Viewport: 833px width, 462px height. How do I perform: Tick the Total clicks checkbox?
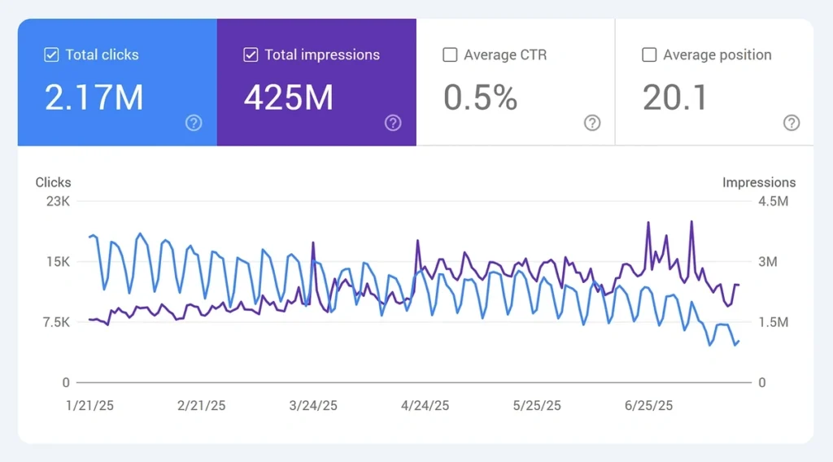51,55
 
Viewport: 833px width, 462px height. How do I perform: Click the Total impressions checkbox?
251,55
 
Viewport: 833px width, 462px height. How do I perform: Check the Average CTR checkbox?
450,55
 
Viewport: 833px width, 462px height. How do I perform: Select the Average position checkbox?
649,55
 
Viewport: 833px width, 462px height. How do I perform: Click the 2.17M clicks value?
94,98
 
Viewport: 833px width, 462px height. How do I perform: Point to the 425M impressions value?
289,98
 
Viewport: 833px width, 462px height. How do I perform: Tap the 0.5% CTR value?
480,98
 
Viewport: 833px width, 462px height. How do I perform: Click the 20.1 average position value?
675,98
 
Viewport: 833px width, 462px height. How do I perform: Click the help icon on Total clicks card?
194,123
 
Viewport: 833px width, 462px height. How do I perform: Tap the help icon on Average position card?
792,123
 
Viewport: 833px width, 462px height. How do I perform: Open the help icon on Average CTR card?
592,123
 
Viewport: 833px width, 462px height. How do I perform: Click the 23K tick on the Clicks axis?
58,201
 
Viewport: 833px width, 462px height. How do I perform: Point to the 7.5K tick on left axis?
55,322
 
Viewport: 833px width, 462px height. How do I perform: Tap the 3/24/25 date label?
312,406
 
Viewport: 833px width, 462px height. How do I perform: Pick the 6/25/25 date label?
648,406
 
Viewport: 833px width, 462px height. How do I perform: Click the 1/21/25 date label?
89,406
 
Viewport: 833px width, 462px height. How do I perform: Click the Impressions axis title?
758,182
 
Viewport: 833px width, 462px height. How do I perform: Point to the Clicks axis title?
53,182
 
